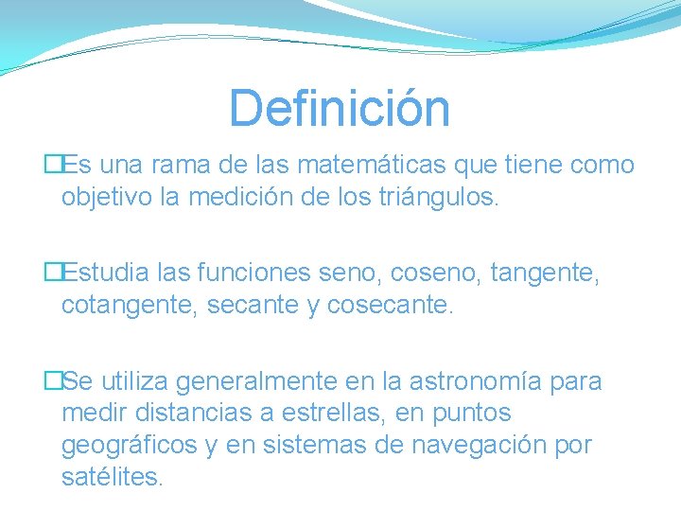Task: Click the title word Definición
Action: pos(340,108)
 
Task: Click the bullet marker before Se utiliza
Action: pos(53,381)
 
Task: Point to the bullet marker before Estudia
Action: pos(53,273)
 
